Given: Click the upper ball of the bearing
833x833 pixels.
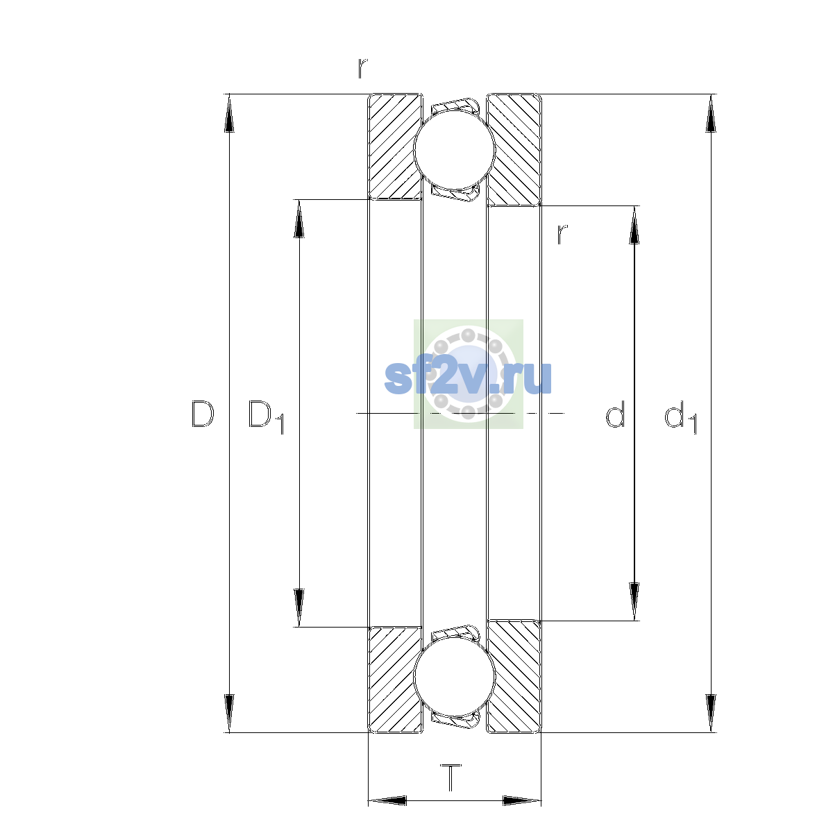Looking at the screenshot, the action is click(x=454, y=149).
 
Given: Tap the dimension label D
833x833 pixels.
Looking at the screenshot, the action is click(x=203, y=414).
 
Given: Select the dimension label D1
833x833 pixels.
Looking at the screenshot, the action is click(x=266, y=416).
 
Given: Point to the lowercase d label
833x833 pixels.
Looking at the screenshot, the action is click(x=615, y=414).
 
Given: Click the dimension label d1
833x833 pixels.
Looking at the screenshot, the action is click(x=681, y=416).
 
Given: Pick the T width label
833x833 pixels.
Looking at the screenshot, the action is click(x=451, y=777).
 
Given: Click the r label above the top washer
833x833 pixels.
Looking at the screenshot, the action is click(x=362, y=68).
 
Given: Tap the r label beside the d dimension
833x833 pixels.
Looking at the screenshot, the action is click(x=562, y=235).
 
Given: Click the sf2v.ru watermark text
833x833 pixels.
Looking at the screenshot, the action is click(x=468, y=377).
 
